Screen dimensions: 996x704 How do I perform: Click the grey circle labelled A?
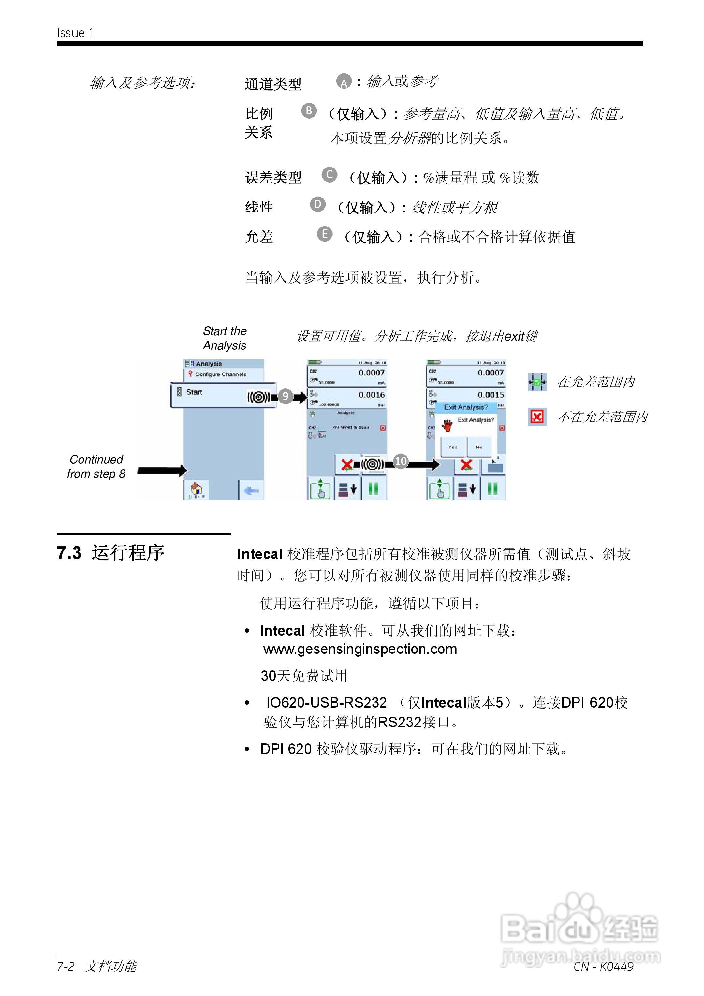point(344,81)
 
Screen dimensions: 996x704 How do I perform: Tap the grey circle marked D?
point(317,204)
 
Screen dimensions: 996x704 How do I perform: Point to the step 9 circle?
point(285,396)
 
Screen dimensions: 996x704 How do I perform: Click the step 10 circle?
point(400,461)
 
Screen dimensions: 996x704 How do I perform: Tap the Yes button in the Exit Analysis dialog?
point(453,447)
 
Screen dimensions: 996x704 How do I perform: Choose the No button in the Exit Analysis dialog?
point(479,447)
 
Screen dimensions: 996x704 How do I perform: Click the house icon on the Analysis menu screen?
point(196,490)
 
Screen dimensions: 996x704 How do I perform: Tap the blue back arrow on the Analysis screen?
point(251,491)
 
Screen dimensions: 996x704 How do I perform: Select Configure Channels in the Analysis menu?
point(220,374)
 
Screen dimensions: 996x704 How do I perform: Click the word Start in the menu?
point(194,392)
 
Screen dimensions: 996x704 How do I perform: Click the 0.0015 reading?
point(491,395)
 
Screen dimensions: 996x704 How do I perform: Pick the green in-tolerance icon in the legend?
point(537,382)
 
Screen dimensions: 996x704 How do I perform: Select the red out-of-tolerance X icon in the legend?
point(537,417)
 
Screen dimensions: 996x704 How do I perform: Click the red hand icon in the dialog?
point(447,425)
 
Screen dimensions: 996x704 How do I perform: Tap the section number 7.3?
point(69,553)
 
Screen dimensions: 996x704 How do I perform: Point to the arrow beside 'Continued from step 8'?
point(162,470)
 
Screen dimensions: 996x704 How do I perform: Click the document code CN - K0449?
point(603,966)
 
